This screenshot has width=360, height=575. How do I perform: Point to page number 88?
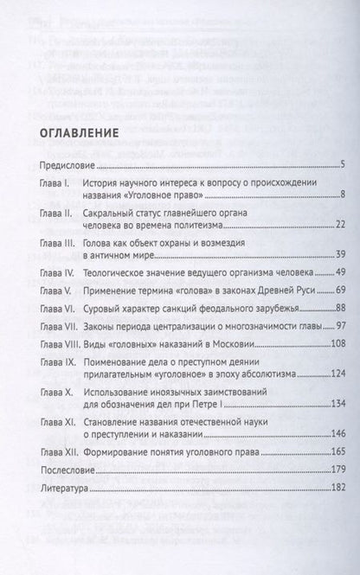point(340,331)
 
